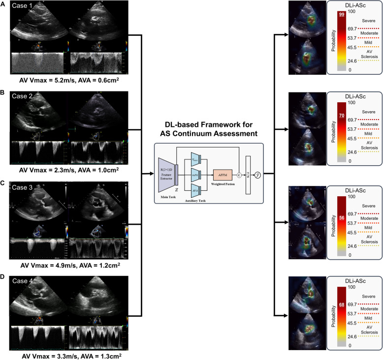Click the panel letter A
point(4,4)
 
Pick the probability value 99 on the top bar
point(342,15)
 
